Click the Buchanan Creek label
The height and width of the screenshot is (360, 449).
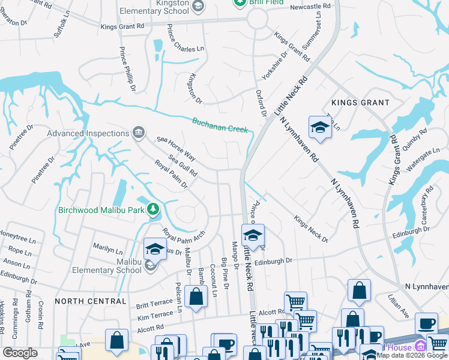click(x=220, y=125)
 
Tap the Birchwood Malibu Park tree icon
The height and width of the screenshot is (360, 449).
click(x=153, y=209)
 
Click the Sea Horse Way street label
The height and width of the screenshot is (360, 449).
click(x=176, y=148)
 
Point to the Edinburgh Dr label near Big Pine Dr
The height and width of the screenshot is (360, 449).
click(x=273, y=261)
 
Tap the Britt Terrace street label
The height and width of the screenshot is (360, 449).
click(x=154, y=305)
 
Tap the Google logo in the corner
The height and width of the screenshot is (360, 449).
click(x=20, y=353)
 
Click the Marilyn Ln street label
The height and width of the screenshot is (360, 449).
click(x=108, y=247)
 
